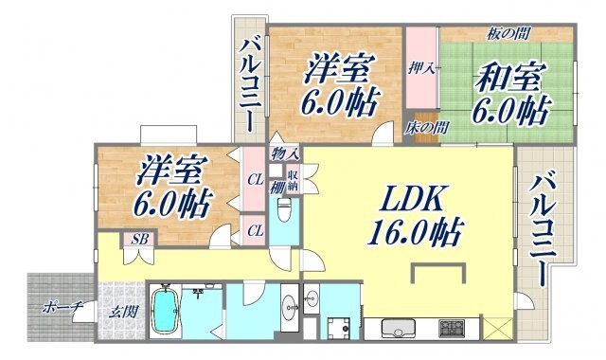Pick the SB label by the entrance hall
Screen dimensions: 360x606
click(x=139, y=239)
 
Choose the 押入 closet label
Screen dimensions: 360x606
click(x=420, y=67)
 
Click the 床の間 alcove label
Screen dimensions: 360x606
click(x=426, y=125)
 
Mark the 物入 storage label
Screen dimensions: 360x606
click(x=285, y=153)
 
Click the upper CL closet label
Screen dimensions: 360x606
click(x=256, y=177)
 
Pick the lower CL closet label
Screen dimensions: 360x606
click(x=256, y=230)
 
